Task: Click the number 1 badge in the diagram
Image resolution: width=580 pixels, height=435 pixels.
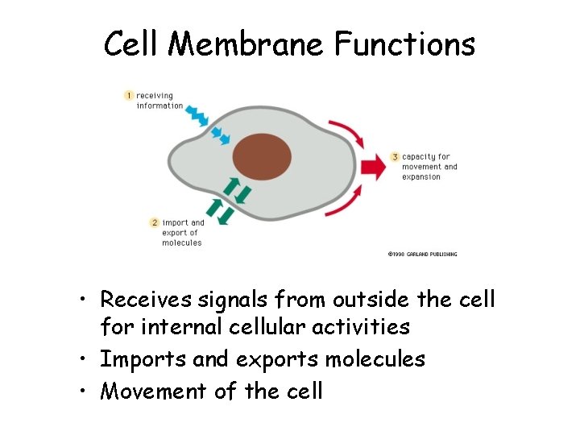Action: click(128, 96)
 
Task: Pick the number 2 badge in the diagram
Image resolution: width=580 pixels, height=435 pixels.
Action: click(154, 222)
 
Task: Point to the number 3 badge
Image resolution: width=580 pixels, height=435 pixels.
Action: click(395, 156)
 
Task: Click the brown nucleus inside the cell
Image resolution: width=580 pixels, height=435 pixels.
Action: click(262, 156)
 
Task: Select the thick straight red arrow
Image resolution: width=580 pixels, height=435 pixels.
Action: click(372, 168)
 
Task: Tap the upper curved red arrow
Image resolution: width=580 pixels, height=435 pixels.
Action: click(346, 133)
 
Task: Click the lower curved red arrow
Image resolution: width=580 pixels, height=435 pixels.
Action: click(346, 203)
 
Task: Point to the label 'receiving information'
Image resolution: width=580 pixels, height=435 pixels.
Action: click(159, 101)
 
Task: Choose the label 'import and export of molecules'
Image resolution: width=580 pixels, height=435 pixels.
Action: click(183, 232)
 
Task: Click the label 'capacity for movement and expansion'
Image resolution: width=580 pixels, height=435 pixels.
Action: click(429, 167)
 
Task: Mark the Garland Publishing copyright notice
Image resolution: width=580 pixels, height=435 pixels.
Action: click(422, 254)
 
